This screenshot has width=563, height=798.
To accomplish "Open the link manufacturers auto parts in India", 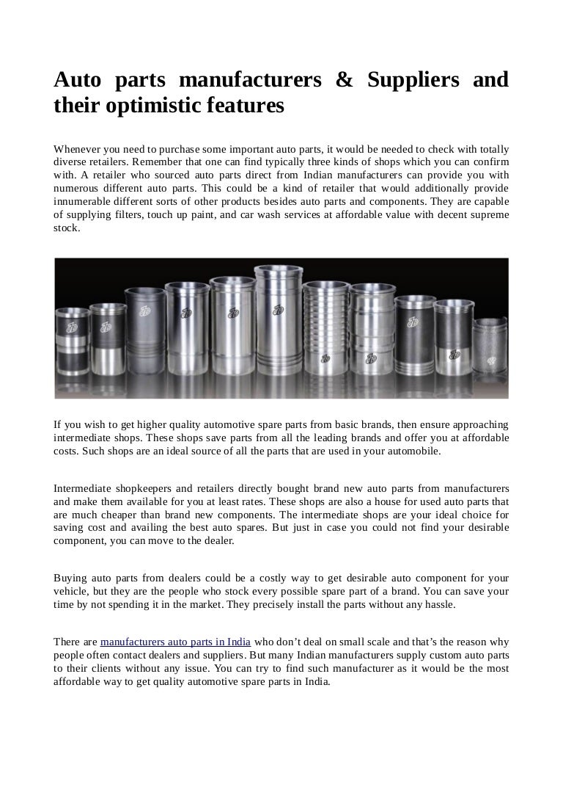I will (176, 641).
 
